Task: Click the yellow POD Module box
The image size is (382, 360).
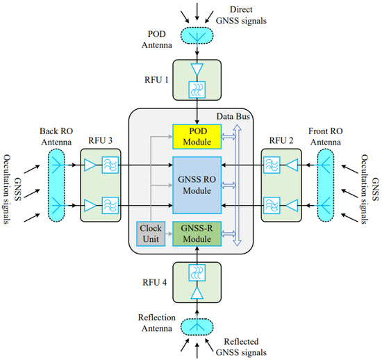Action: click(197, 136)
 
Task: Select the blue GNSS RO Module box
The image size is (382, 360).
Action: click(197, 186)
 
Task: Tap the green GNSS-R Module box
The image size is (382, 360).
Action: click(197, 234)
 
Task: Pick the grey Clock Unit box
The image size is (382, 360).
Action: click(151, 234)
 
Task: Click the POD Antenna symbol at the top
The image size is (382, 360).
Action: click(197, 35)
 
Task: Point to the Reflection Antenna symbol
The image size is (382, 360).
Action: click(197, 327)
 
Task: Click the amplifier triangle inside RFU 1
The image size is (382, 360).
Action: click(197, 69)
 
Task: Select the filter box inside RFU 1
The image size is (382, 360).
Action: click(197, 90)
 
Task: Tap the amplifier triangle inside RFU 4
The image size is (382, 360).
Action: click(197, 293)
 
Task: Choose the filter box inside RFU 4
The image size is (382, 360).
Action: click(197, 272)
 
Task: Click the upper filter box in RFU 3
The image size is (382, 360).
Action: click(110, 165)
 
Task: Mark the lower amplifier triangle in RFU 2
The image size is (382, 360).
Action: click(292, 206)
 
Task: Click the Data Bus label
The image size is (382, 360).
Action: click(233, 117)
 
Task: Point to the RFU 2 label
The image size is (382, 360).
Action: click(281, 140)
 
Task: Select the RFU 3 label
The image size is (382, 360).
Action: click(100, 140)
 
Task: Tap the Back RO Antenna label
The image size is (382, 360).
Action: click(56, 136)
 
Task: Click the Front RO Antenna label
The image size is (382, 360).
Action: click(326, 136)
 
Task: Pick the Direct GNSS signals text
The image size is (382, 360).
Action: click(241, 15)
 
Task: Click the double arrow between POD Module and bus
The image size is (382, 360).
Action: click(229, 136)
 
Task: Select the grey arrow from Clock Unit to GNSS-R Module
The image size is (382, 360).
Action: click(169, 234)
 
